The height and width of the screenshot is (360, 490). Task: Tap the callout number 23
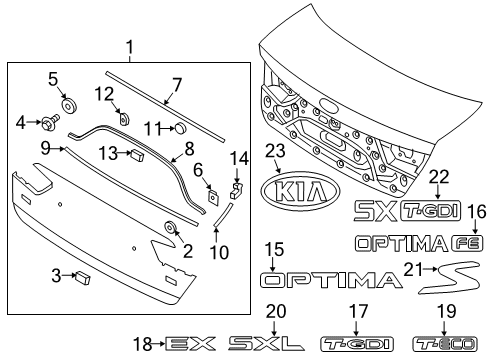click(x=276, y=151)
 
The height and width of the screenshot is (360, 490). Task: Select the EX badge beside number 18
click(x=191, y=344)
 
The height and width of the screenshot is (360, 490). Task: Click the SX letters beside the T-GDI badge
click(x=375, y=208)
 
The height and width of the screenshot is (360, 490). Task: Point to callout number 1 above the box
click(x=129, y=46)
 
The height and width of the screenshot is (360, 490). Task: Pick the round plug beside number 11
click(x=181, y=128)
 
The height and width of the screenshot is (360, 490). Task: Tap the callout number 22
click(x=437, y=176)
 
